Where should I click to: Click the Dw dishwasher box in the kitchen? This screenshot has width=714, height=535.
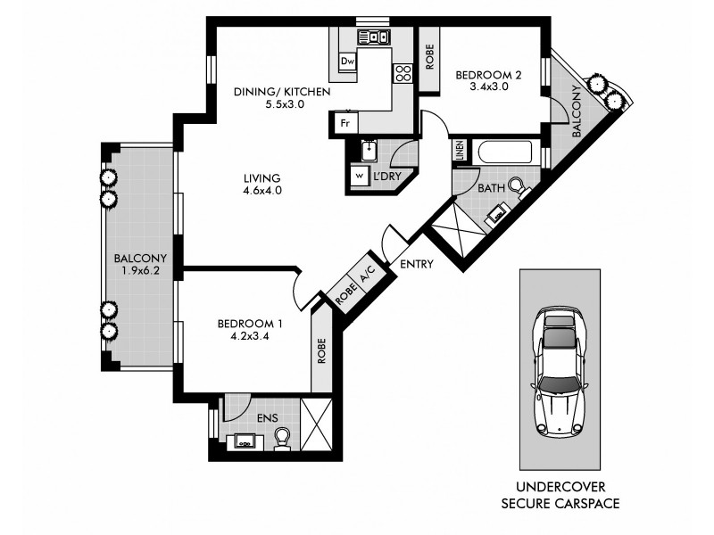tap(348, 61)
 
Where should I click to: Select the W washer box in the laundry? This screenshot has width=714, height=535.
tap(360, 177)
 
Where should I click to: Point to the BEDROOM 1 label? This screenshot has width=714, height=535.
tap(251, 324)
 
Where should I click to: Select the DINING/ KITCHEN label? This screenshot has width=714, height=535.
tap(270, 91)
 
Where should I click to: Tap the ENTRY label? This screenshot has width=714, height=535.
tap(417, 264)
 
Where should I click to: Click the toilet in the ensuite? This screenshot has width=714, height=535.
tap(282, 438)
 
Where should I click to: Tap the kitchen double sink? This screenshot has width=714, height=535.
tap(374, 37)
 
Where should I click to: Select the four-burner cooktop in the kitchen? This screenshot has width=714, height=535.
tap(403, 73)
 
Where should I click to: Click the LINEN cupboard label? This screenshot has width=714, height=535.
tap(460, 152)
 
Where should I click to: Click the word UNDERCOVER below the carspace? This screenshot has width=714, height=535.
tap(560, 488)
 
